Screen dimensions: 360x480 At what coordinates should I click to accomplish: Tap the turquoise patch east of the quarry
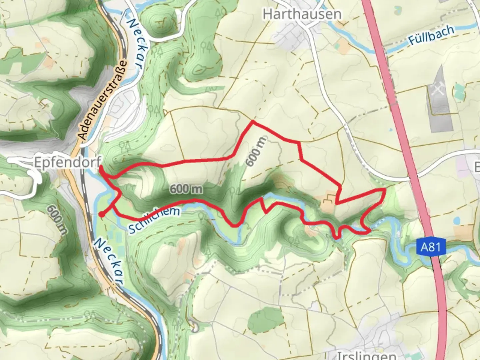click(459, 90)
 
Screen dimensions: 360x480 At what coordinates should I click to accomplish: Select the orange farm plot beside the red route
click(329, 204)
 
